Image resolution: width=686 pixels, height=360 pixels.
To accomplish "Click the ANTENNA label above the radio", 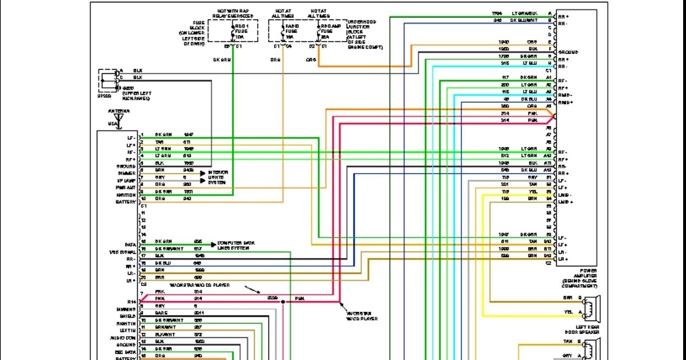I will click(118, 110).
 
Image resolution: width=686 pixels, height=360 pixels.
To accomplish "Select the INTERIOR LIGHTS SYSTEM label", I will click(218, 177).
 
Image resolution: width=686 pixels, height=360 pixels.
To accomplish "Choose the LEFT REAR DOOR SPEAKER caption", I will click(582, 332).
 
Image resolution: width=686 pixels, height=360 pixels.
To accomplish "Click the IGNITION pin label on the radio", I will click(125, 195).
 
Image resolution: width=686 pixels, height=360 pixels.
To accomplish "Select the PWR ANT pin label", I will click(125, 187).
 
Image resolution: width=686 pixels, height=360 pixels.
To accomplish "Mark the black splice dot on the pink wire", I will click(282, 301).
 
